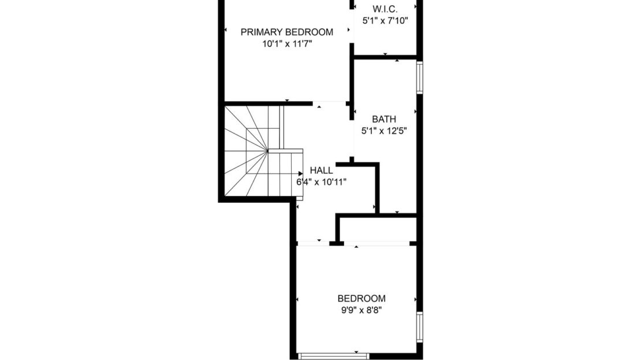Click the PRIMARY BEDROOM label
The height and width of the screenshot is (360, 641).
click(286, 32)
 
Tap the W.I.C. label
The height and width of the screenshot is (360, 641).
click(385, 9)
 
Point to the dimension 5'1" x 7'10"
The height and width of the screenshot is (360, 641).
click(385, 20)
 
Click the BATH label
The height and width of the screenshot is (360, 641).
click(384, 119)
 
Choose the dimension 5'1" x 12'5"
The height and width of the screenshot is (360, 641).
click(384, 131)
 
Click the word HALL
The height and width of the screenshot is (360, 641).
click(321, 170)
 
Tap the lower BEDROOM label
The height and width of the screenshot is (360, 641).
click(362, 298)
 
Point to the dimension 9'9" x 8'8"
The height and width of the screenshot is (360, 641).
click(362, 310)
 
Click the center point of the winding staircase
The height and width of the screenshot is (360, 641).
click(267, 151)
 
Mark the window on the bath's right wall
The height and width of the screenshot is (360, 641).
click(420, 77)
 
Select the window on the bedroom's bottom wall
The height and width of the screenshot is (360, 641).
click(333, 355)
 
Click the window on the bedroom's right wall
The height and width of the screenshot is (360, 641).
click(420, 327)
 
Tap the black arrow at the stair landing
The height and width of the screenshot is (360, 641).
click(300, 173)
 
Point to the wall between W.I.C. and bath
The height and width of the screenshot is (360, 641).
click(385, 57)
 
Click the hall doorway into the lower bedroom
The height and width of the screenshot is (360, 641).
click(312, 243)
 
